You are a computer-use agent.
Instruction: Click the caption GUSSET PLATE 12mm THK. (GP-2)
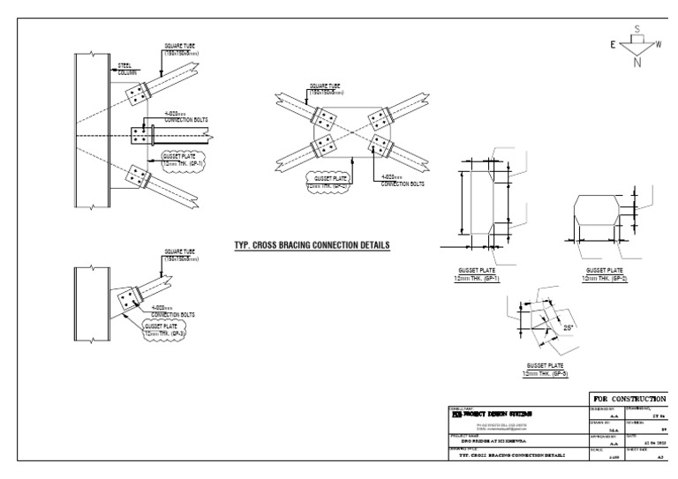click(604, 274)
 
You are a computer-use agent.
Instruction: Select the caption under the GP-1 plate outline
click(477, 274)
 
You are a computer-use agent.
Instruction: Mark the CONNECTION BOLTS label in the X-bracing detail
click(403, 182)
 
